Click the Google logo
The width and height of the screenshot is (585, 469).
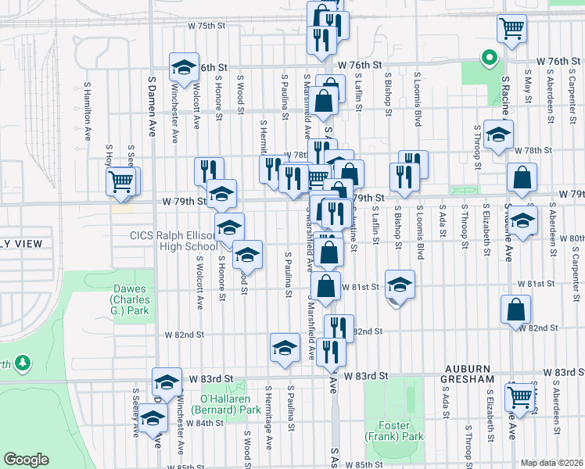pyautogui.click(x=26, y=460)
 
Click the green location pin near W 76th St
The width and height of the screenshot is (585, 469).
pyautogui.click(x=489, y=58)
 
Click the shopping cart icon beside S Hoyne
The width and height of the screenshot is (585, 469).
pyautogui.click(x=121, y=182)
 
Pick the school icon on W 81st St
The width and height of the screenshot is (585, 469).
pyautogui.click(x=399, y=284)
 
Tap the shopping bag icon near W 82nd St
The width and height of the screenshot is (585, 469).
pyautogui.click(x=516, y=310)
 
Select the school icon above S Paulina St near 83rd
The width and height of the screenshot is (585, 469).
pyautogui.click(x=285, y=349)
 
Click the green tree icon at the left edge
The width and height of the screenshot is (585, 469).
pyautogui.click(x=23, y=363)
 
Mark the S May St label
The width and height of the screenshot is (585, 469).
pyautogui.click(x=529, y=90)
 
